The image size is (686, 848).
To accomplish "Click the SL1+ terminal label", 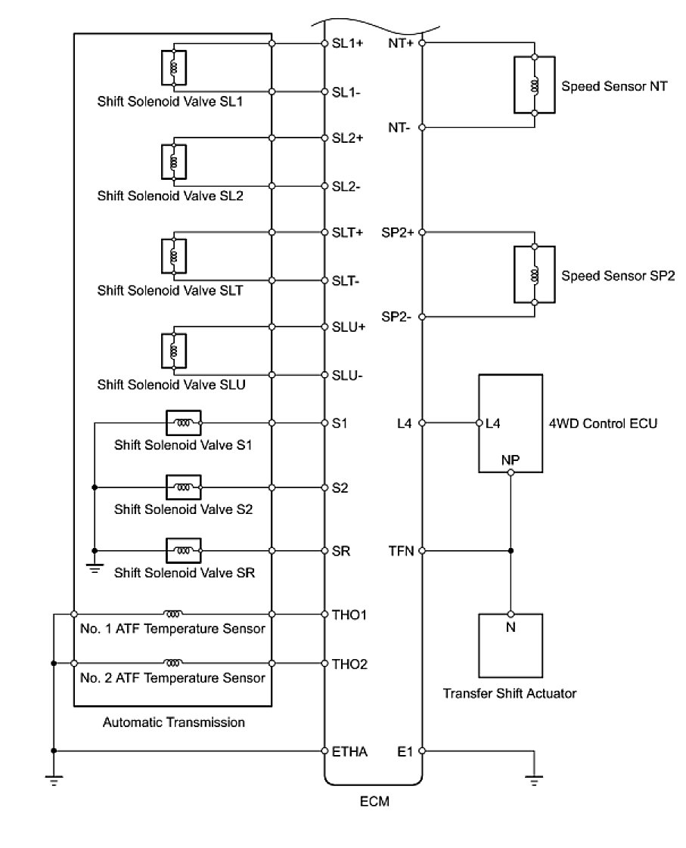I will pyautogui.click(x=348, y=44).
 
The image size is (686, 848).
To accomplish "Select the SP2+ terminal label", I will pyautogui.click(x=398, y=232).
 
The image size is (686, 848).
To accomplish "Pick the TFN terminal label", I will pyautogui.click(x=401, y=551).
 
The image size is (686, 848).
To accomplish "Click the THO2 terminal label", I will pyautogui.click(x=349, y=664).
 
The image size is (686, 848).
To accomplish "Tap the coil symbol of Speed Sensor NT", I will pyautogui.click(x=535, y=85).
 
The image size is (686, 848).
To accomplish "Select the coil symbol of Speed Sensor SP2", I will pyautogui.click(x=535, y=274).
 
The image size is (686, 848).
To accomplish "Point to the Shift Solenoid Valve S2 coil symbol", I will pyautogui.click(x=184, y=487).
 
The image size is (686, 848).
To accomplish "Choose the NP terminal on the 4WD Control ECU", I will pyautogui.click(x=511, y=459).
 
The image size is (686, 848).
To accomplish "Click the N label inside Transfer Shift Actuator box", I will pyautogui.click(x=511, y=627).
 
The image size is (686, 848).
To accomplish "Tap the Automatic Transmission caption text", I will pyautogui.click(x=174, y=723).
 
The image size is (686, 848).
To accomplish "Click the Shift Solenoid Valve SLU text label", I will pyautogui.click(x=171, y=384).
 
